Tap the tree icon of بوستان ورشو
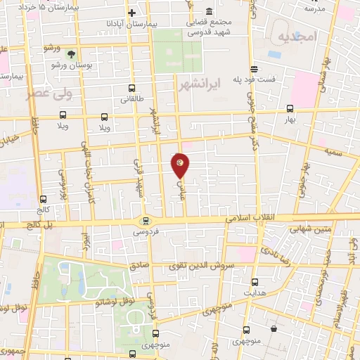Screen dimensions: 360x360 71,53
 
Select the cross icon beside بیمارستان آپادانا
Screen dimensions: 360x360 131,13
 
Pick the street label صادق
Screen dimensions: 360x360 138,266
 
